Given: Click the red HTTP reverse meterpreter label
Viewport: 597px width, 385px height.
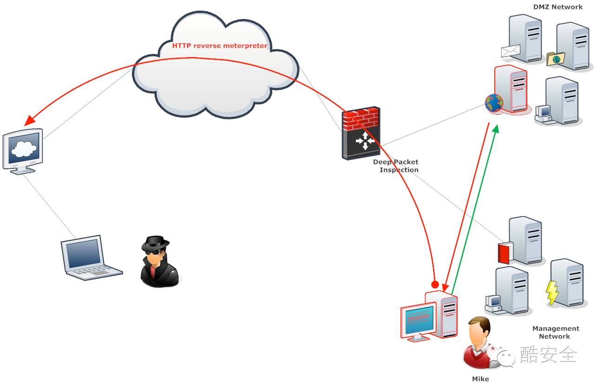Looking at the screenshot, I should [x=220, y=46].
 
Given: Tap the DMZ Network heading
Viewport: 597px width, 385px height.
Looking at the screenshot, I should [x=558, y=7].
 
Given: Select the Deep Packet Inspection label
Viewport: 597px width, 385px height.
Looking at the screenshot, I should [x=396, y=166].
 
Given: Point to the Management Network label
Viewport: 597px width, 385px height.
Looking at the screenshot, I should [x=555, y=332].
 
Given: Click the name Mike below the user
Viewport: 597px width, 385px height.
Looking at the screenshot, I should [x=480, y=378].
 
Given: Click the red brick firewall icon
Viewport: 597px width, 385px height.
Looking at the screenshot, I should [x=361, y=119].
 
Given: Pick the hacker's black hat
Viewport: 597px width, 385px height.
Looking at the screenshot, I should [x=155, y=243].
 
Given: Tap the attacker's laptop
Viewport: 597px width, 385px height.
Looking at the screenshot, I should [x=88, y=258].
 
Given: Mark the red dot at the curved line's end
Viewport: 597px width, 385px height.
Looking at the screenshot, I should [x=435, y=285].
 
